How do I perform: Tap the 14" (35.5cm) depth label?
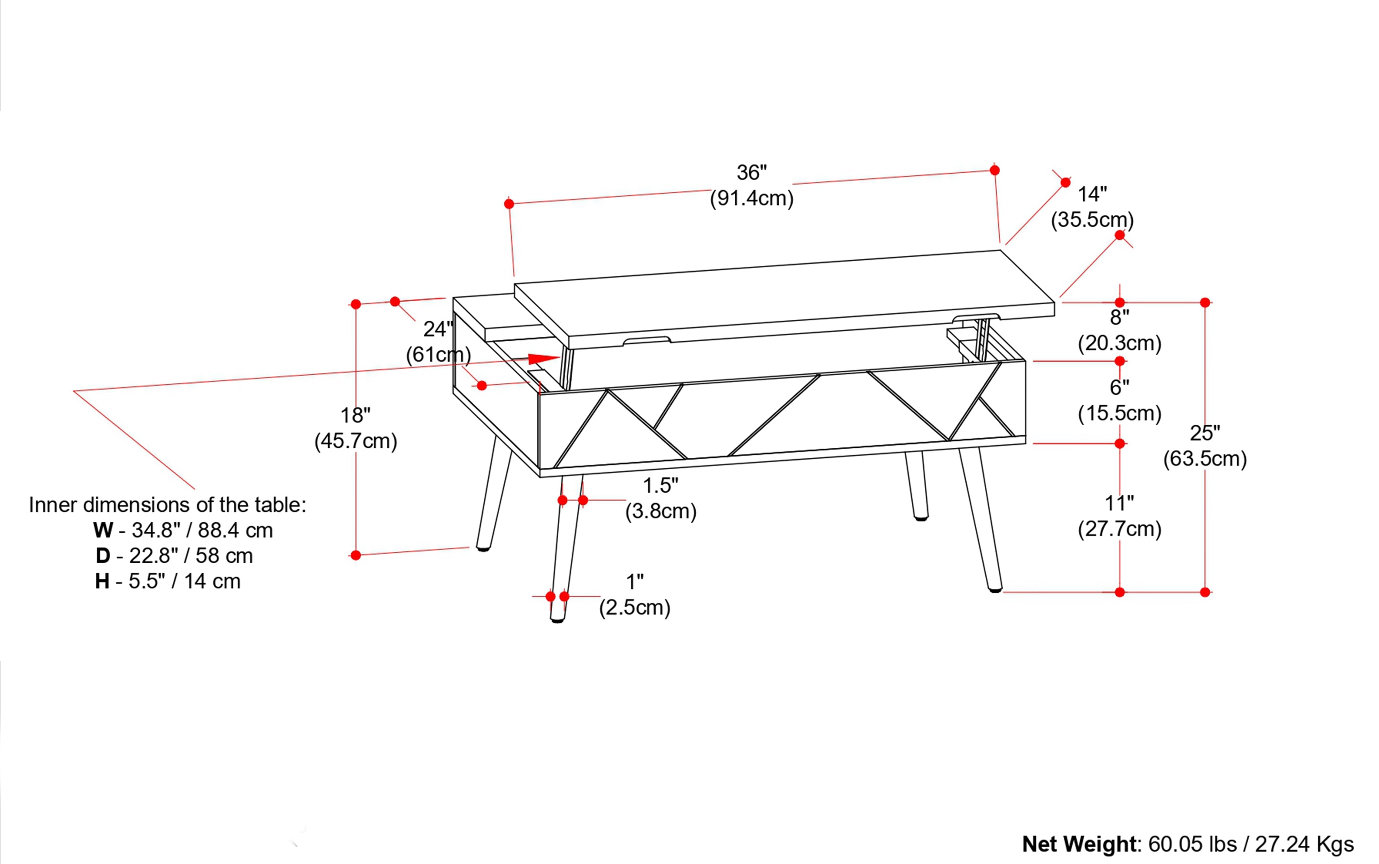(1092, 207)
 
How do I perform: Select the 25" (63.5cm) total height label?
(1204, 446)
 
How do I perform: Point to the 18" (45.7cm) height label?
(355, 428)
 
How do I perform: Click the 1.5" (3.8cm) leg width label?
(660, 498)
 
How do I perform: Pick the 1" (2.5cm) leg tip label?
(634, 594)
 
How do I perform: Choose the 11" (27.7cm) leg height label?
(1119, 516)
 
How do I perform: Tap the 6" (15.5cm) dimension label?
(1119, 400)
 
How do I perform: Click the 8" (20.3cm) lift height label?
(1119, 330)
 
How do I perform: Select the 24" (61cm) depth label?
(438, 342)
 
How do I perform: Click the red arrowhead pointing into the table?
(543, 359)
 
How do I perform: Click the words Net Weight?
(1080, 844)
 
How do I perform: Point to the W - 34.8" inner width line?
(183, 530)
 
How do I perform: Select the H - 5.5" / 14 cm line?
(167, 581)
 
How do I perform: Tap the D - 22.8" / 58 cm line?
(174, 556)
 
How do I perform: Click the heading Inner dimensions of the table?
(167, 505)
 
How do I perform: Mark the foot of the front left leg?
(557, 618)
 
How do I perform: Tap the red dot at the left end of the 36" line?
(509, 204)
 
